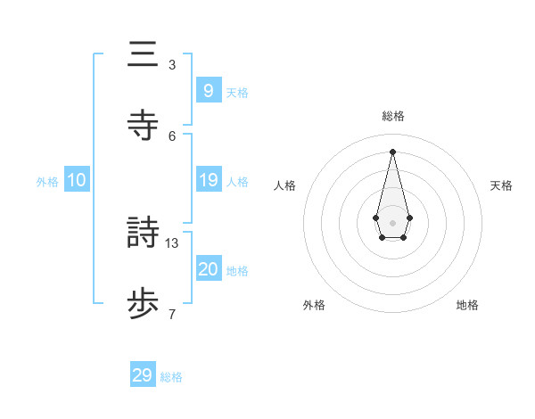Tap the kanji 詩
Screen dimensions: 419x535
(x=143, y=234)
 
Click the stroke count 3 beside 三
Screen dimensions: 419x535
(x=172, y=65)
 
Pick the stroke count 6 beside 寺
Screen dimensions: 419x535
(x=172, y=136)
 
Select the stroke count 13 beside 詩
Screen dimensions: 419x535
(x=173, y=242)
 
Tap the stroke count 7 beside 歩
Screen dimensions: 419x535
(x=172, y=314)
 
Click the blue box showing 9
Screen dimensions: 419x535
(x=208, y=91)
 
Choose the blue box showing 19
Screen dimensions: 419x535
(x=208, y=180)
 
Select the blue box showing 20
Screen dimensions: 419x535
(x=208, y=269)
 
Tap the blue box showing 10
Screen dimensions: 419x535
(x=77, y=180)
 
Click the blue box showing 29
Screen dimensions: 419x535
(x=143, y=375)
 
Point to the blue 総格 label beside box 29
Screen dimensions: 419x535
(x=171, y=377)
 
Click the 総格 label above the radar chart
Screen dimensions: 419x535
(x=393, y=116)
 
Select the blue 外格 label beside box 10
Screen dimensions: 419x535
(x=47, y=182)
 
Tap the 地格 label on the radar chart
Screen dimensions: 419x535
(x=467, y=305)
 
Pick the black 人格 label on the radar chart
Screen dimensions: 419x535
(x=285, y=185)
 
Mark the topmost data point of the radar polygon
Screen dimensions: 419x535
(x=393, y=151)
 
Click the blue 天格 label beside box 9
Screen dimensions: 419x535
(x=237, y=93)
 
